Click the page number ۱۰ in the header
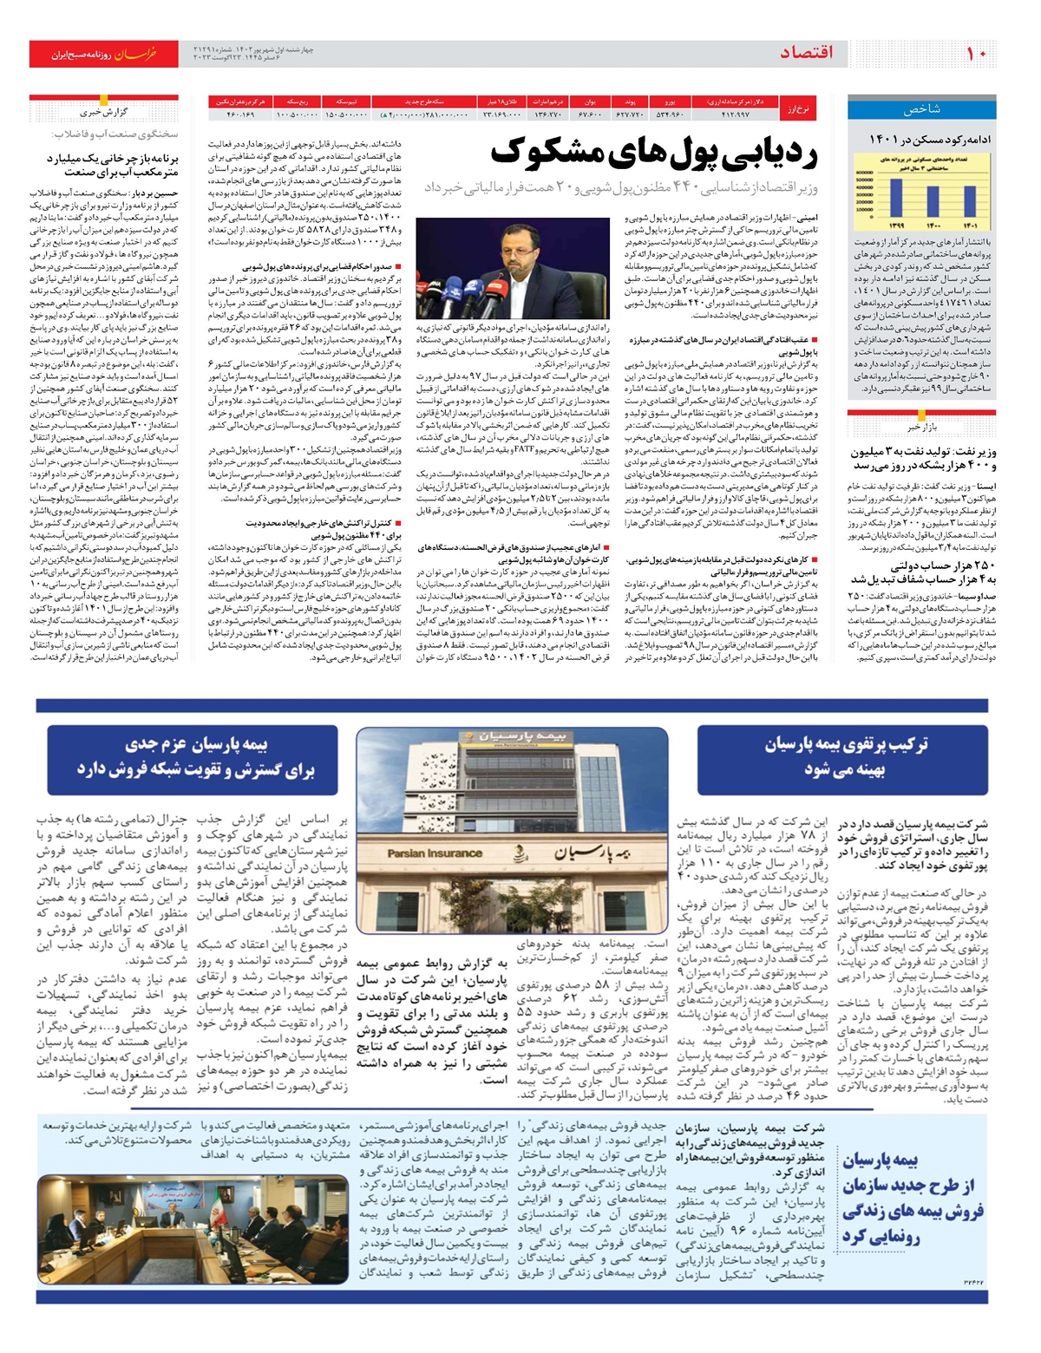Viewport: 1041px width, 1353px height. (x=976, y=53)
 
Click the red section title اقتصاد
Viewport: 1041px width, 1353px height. (x=806, y=53)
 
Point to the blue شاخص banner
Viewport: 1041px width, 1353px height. (x=920, y=109)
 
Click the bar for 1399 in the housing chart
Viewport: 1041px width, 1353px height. (x=896, y=200)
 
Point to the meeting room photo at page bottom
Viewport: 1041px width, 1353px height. (x=193, y=1229)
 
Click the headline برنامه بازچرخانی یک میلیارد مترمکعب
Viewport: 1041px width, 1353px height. (x=111, y=166)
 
